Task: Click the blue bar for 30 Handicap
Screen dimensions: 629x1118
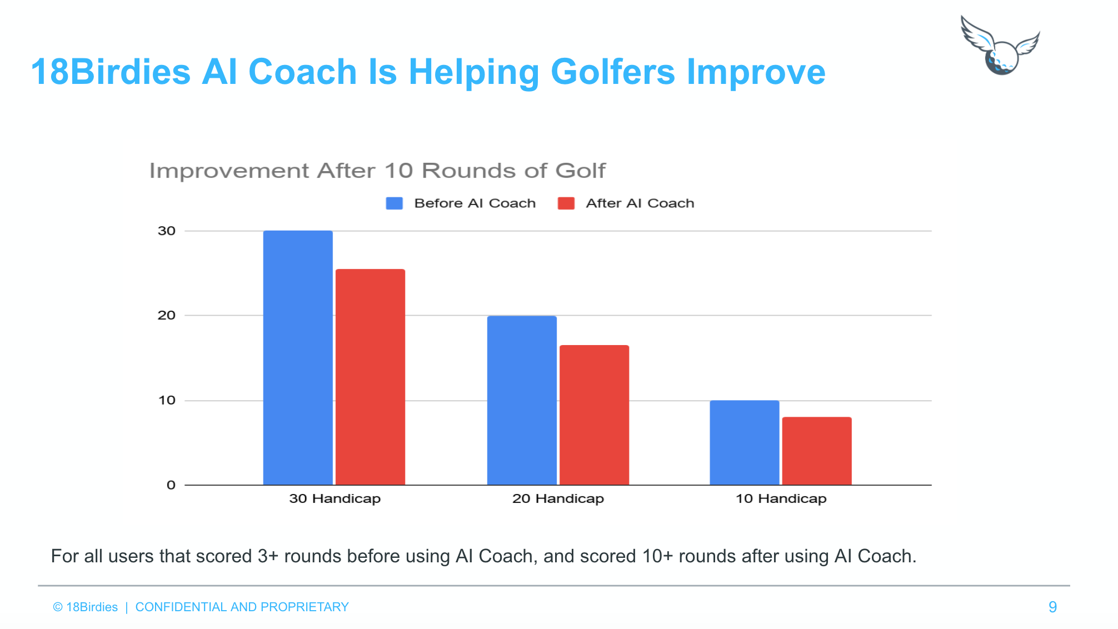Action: [298, 358]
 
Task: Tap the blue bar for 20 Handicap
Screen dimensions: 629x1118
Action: [522, 400]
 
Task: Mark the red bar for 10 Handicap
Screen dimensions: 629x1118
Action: [816, 451]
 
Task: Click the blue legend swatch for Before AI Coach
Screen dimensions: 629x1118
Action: [395, 203]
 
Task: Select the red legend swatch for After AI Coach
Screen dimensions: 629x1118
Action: [566, 203]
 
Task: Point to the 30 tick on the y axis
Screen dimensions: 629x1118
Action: [167, 231]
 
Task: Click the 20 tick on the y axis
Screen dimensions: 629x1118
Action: [167, 316]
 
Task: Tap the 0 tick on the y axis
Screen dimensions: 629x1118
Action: [171, 485]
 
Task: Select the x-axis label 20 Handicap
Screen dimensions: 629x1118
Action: [558, 498]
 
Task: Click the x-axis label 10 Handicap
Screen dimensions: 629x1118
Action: [781, 498]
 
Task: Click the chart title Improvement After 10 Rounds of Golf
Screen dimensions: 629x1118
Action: [377, 171]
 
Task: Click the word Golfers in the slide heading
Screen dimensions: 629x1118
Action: [612, 72]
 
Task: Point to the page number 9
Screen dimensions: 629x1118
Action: [1052, 607]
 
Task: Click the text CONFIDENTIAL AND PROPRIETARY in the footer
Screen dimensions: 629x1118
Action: [242, 607]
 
